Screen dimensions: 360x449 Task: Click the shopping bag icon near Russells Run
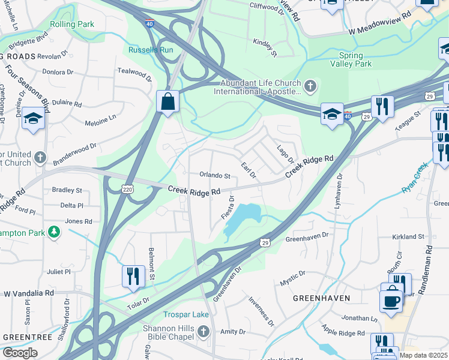click(x=168, y=101)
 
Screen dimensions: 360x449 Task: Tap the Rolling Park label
click(x=72, y=25)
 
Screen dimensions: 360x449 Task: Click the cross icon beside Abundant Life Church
click(x=310, y=86)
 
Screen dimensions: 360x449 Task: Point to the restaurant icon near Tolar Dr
click(x=133, y=276)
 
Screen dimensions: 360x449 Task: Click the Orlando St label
click(x=215, y=176)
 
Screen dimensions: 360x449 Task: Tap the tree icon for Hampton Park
click(x=54, y=232)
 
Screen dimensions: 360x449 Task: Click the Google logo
click(x=20, y=352)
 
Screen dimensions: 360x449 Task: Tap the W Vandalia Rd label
click(x=29, y=294)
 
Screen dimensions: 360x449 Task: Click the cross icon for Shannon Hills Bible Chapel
click(x=203, y=332)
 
